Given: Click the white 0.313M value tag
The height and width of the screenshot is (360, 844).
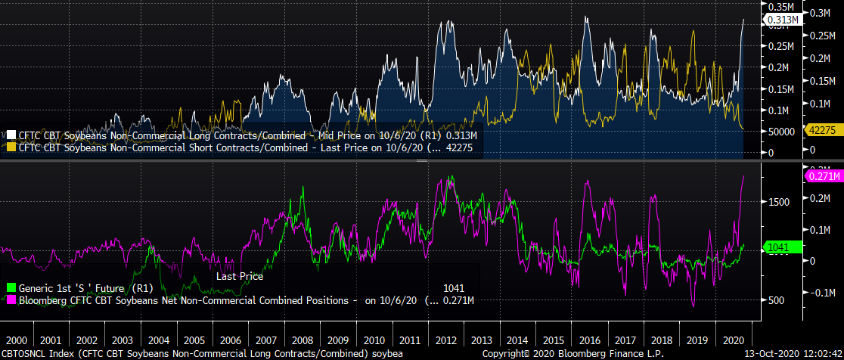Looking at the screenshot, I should (x=783, y=20).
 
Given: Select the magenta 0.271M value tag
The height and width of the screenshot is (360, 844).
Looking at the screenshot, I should (x=821, y=176).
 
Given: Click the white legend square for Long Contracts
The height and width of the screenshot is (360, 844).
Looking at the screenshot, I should (x=11, y=135).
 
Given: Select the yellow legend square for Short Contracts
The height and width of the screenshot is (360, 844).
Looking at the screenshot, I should (x=11, y=147).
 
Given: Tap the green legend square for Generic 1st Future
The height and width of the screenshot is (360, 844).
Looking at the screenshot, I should (x=11, y=288).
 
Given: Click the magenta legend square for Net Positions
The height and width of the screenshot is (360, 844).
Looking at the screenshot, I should (x=11, y=301).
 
